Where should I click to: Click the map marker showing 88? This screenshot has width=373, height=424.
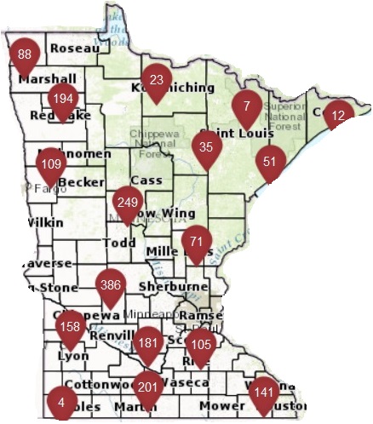(25, 54)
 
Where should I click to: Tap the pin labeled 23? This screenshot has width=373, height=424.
(156, 79)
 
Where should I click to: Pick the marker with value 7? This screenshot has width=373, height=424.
(247, 106)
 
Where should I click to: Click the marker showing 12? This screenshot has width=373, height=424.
(338, 115)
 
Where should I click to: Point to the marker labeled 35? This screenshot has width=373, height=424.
(206, 146)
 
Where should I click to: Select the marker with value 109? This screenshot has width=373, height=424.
(52, 163)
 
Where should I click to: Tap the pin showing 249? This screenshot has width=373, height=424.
(128, 202)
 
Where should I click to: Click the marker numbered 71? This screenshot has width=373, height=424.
(198, 241)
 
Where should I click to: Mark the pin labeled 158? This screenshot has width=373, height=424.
(71, 326)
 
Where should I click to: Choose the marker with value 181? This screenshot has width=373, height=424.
(148, 342)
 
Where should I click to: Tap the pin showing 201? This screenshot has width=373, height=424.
(148, 387)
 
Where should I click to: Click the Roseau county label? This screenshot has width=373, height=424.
(75, 49)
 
